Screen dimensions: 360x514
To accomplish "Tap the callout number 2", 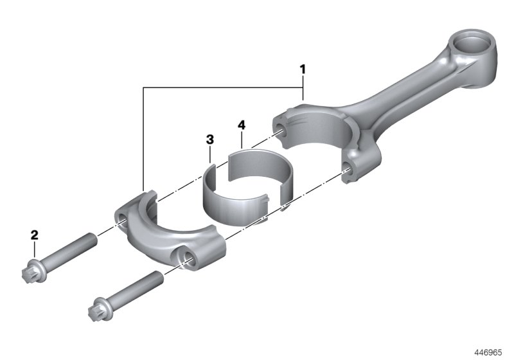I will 35,235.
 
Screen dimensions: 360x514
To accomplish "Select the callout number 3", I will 209,139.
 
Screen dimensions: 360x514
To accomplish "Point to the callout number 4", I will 241,123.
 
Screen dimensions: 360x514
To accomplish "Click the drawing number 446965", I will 490,352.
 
